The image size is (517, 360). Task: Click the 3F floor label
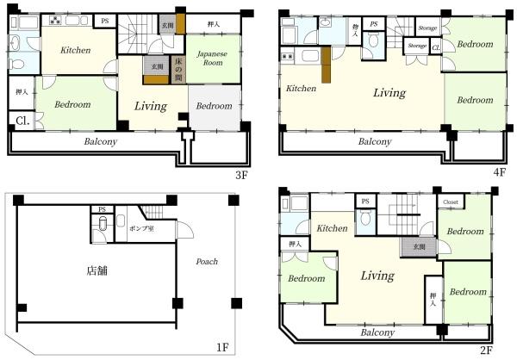(241, 174)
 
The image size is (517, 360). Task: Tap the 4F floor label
(499, 171)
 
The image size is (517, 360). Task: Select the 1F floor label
(221, 348)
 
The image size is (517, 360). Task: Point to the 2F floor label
(486, 351)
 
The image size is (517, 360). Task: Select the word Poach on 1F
(207, 262)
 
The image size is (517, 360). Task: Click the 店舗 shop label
(97, 270)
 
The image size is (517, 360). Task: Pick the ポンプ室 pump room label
(140, 231)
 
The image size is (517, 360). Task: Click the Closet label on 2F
(451, 202)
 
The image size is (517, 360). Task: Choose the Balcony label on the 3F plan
(100, 142)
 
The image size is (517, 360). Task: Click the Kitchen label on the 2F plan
(331, 228)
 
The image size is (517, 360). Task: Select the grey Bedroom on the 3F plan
(214, 106)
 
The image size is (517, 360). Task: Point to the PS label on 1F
(102, 209)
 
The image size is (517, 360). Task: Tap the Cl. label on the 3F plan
(21, 121)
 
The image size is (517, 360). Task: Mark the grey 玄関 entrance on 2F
(419, 247)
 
